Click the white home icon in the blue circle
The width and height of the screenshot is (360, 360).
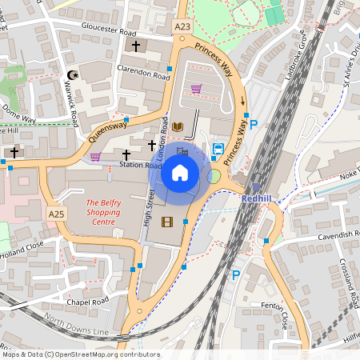(180, 172)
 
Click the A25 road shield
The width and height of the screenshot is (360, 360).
(55, 214)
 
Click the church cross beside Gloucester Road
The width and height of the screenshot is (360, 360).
(136, 47)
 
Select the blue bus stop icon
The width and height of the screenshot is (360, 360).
(218, 149)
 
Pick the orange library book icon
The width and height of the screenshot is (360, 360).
(178, 127)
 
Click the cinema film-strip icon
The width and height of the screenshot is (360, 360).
(166, 222)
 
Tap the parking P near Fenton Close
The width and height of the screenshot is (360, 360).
(235, 275)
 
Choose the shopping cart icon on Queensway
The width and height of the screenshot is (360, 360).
(95, 156)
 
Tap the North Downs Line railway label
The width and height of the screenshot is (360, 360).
(76, 324)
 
